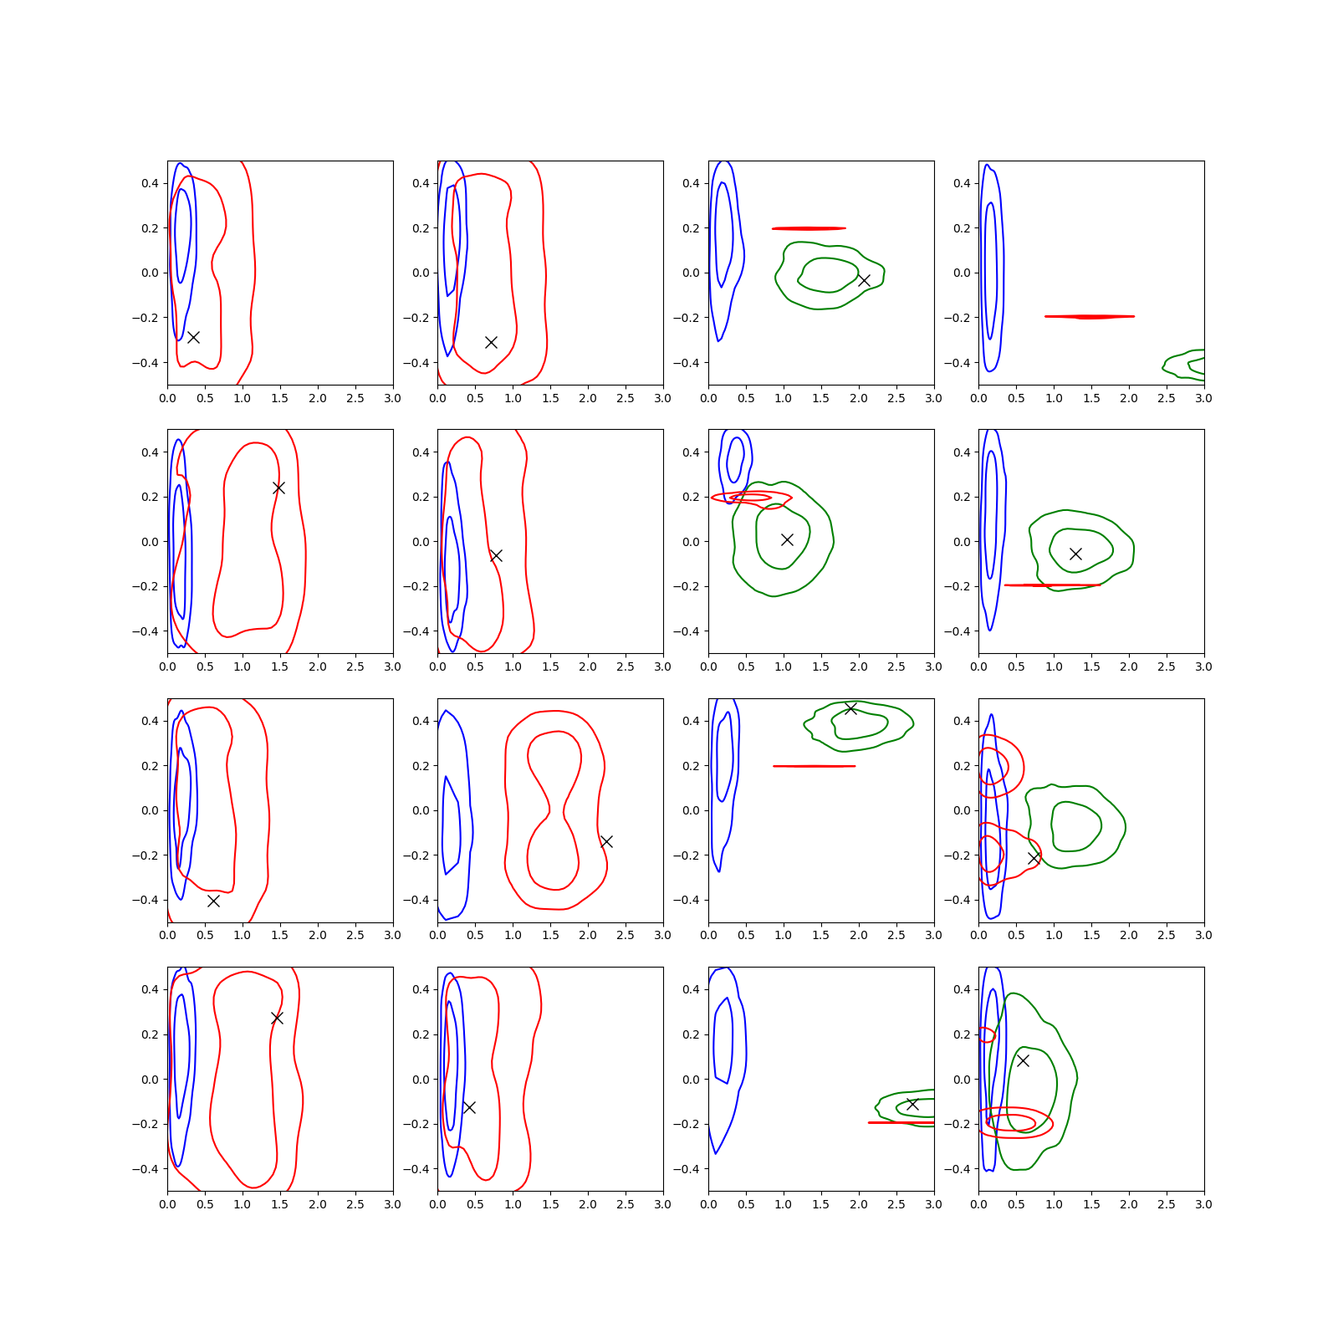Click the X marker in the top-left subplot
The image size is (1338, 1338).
point(193,337)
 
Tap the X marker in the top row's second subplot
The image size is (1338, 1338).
point(492,342)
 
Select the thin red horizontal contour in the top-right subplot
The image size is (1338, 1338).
point(1090,317)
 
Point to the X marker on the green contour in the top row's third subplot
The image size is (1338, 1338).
point(864,280)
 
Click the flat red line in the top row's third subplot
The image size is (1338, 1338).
point(809,228)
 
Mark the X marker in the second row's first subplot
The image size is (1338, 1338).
point(278,488)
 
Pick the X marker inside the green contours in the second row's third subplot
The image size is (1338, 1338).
point(787,539)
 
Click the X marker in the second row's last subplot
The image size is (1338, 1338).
point(1075,554)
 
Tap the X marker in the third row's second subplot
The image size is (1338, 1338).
point(606,841)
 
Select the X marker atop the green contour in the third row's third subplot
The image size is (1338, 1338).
point(850,708)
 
